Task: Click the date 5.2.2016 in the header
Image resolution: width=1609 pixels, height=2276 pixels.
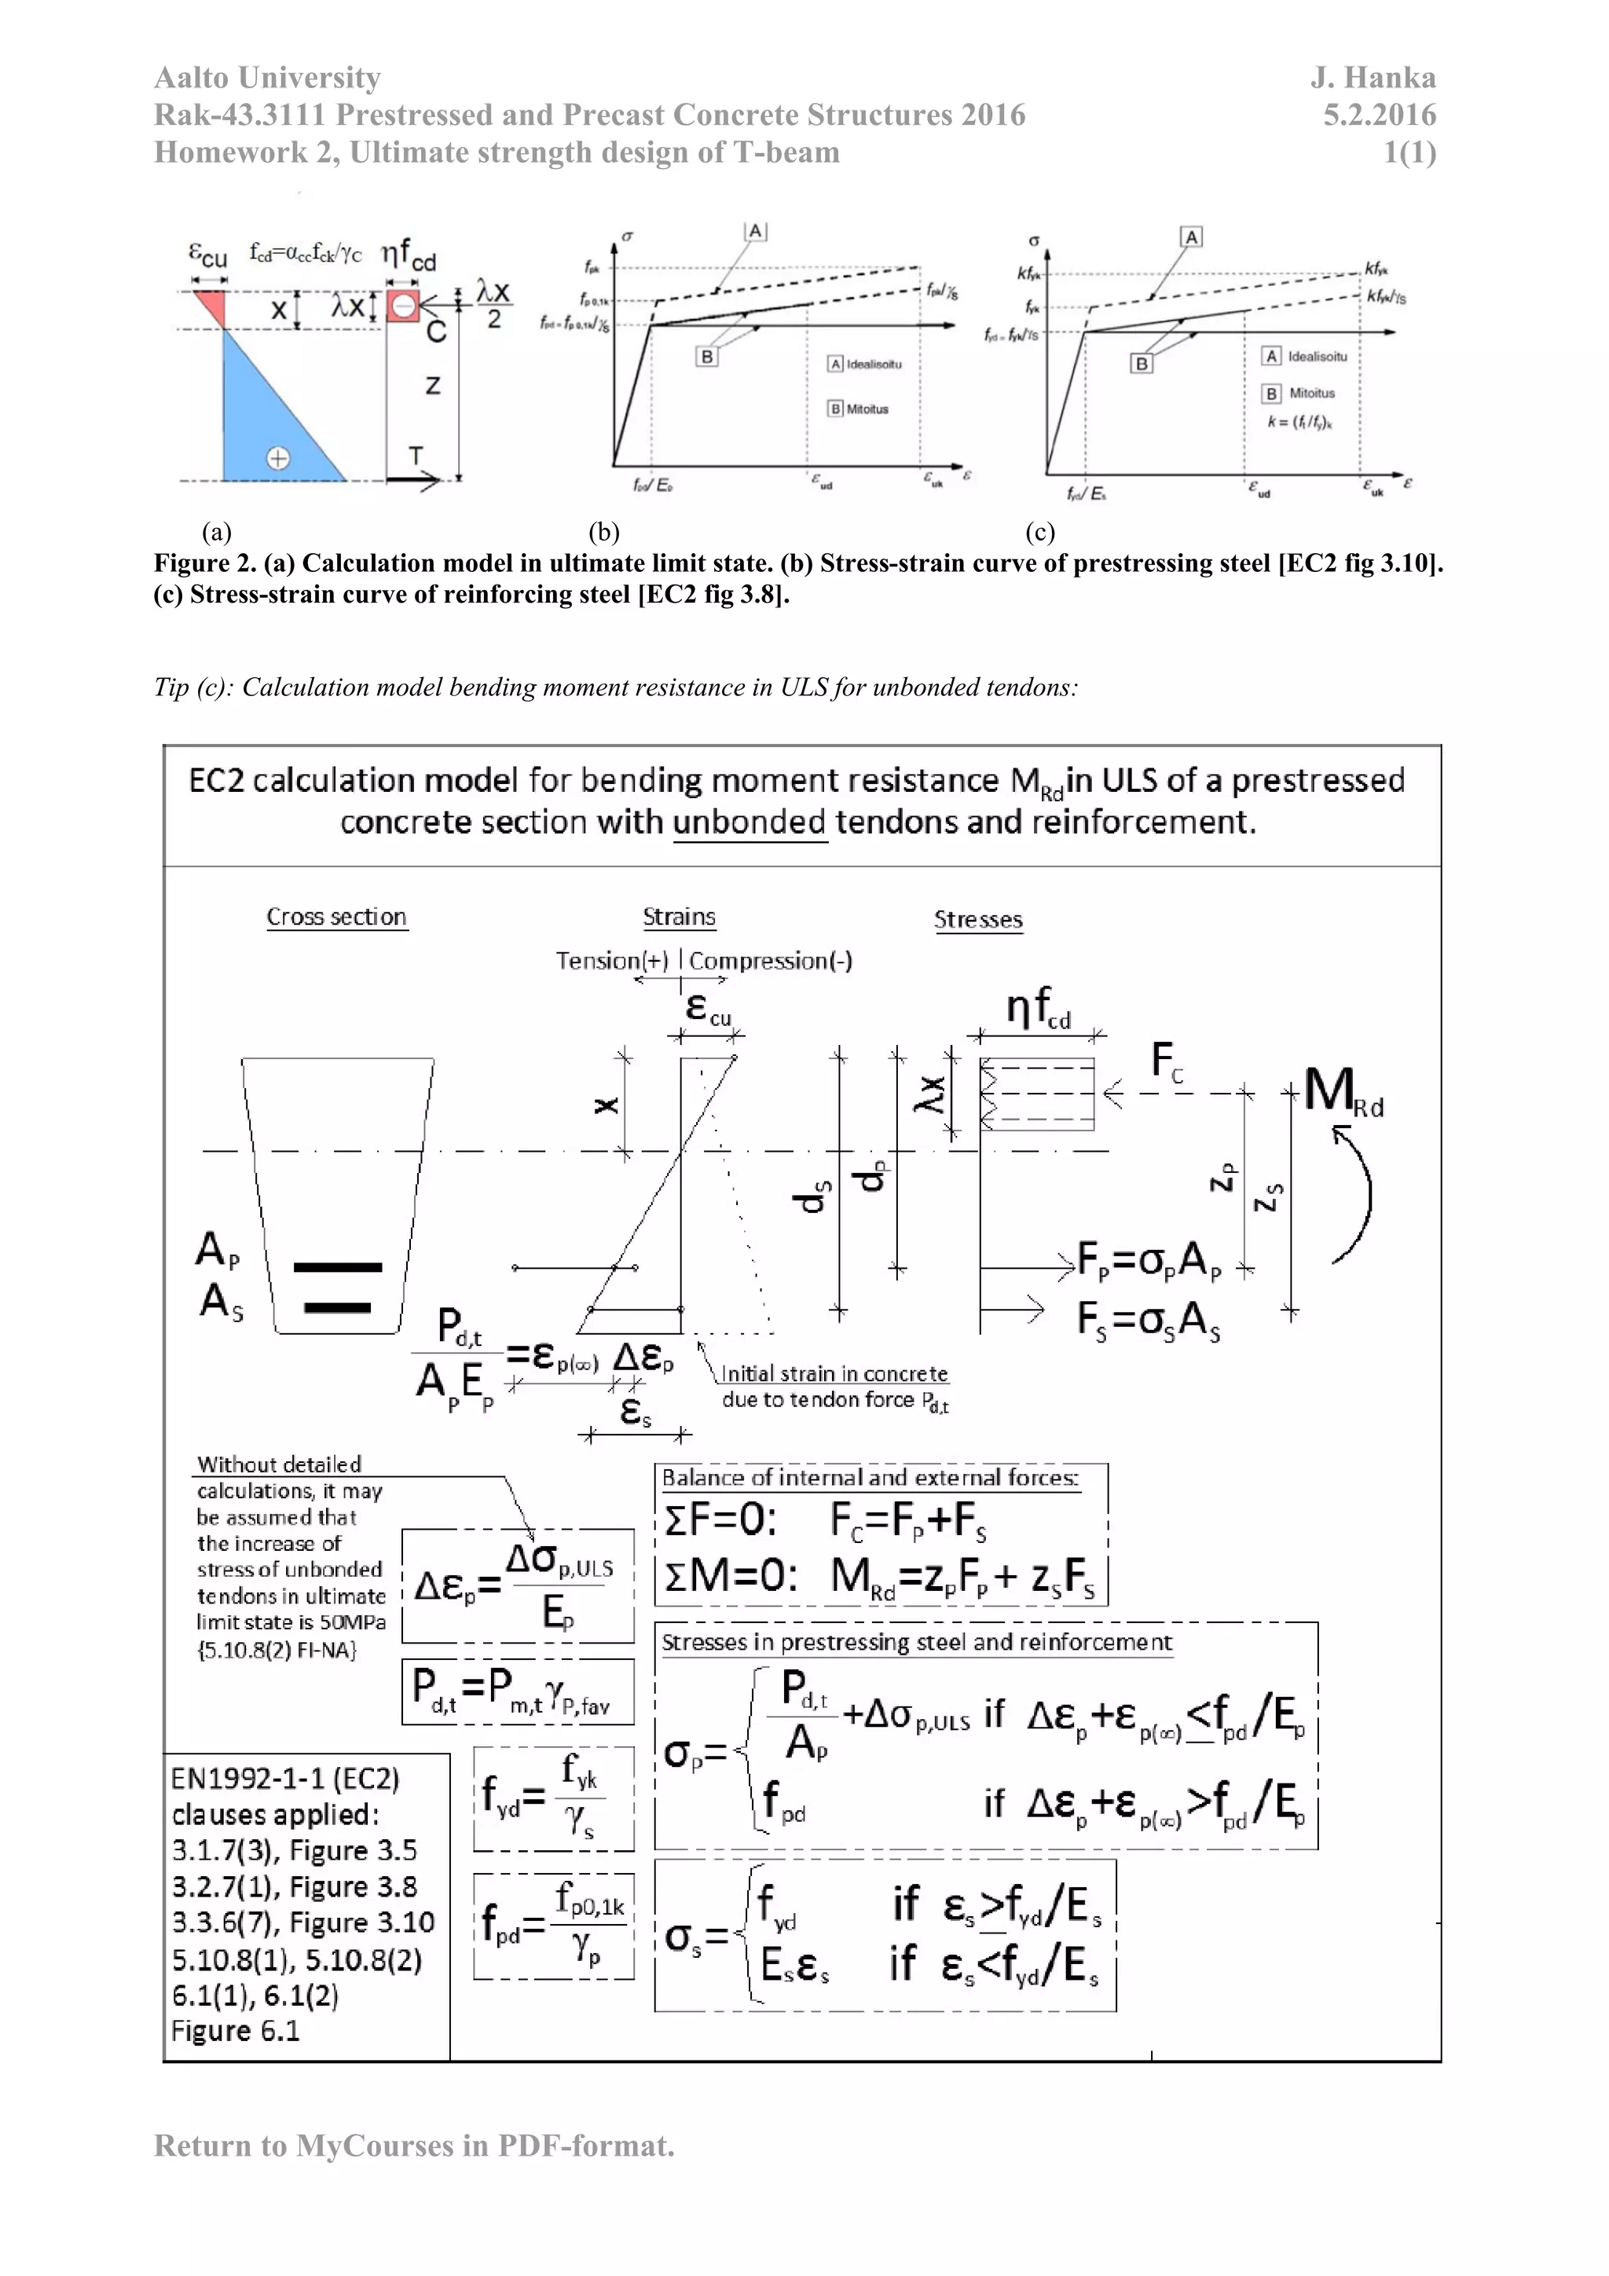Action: [x=1379, y=115]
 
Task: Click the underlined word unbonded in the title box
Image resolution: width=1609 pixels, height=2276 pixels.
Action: [x=749, y=822]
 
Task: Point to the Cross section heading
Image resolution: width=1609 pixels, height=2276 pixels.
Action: [x=336, y=917]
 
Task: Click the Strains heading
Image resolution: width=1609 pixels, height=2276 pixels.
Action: [x=679, y=917]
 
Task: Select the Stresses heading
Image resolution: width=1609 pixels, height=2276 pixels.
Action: [x=977, y=920]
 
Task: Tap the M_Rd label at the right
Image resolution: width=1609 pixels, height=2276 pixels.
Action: [x=1343, y=1091]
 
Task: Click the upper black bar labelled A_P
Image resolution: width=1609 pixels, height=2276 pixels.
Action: [x=337, y=1267]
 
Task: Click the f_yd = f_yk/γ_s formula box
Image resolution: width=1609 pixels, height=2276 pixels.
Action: [x=553, y=1798]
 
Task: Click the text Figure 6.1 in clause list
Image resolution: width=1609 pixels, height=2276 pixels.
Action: [x=235, y=2031]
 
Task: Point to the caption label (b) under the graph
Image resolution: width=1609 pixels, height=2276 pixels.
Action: [x=603, y=533]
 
